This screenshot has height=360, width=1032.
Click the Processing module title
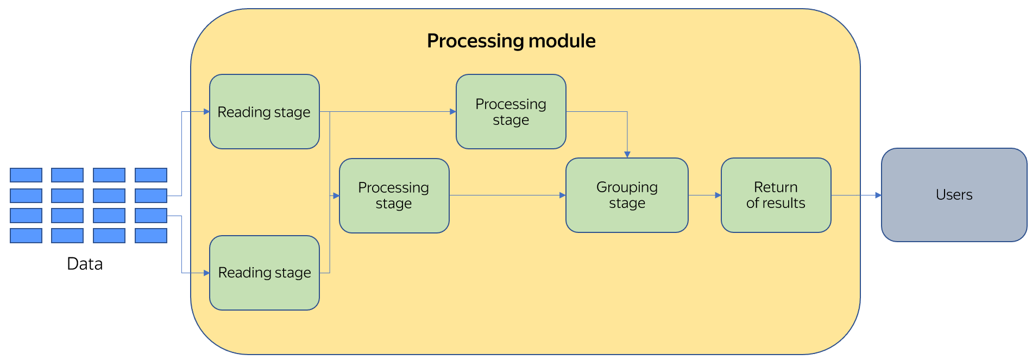(x=511, y=41)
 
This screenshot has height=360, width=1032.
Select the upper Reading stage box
(x=264, y=112)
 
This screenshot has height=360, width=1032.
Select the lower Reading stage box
(x=264, y=273)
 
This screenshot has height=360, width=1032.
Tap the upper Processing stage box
(x=511, y=112)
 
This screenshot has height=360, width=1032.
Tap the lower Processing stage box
(x=394, y=195)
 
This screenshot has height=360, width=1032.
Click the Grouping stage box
(x=627, y=195)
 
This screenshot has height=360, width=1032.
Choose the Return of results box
(x=776, y=195)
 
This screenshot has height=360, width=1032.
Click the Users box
(x=954, y=195)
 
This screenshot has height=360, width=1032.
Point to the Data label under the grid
(x=85, y=264)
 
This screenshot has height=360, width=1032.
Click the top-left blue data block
(x=26, y=175)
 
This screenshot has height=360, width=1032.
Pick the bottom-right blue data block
(x=151, y=236)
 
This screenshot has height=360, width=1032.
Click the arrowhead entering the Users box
(x=878, y=195)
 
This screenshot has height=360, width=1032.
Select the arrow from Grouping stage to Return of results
(x=704, y=195)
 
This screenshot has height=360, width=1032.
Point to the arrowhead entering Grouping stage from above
(x=627, y=155)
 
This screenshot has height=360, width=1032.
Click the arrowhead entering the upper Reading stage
(x=206, y=112)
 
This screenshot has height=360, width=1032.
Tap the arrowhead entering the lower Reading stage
(x=206, y=273)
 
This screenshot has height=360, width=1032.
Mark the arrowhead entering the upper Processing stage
(x=452, y=112)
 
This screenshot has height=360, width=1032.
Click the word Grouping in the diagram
(x=627, y=187)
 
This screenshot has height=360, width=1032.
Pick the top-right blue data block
(x=151, y=175)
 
